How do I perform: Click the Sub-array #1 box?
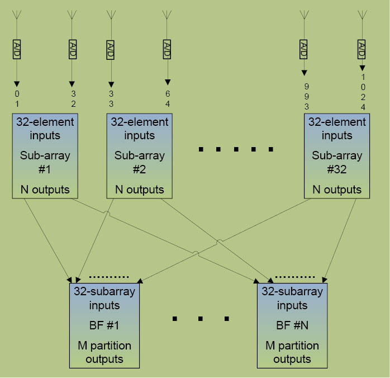pyautogui.click(x=45, y=155)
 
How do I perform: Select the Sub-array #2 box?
pyautogui.click(x=140, y=155)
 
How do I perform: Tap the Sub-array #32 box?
pyautogui.click(x=337, y=155)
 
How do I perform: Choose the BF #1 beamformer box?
pyautogui.click(x=104, y=325)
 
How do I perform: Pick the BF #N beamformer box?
pyautogui.click(x=292, y=325)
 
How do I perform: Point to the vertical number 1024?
pyautogui.click(x=363, y=91)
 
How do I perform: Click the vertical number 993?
pyautogui.click(x=306, y=96)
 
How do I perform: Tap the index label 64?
pyautogui.click(x=167, y=98)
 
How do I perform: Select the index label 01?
pyautogui.click(x=17, y=98)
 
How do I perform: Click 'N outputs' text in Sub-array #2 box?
pyautogui.click(x=140, y=190)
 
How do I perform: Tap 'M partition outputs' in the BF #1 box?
pyautogui.click(x=104, y=352)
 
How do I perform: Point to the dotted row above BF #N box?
pyautogui.click(x=294, y=276)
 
